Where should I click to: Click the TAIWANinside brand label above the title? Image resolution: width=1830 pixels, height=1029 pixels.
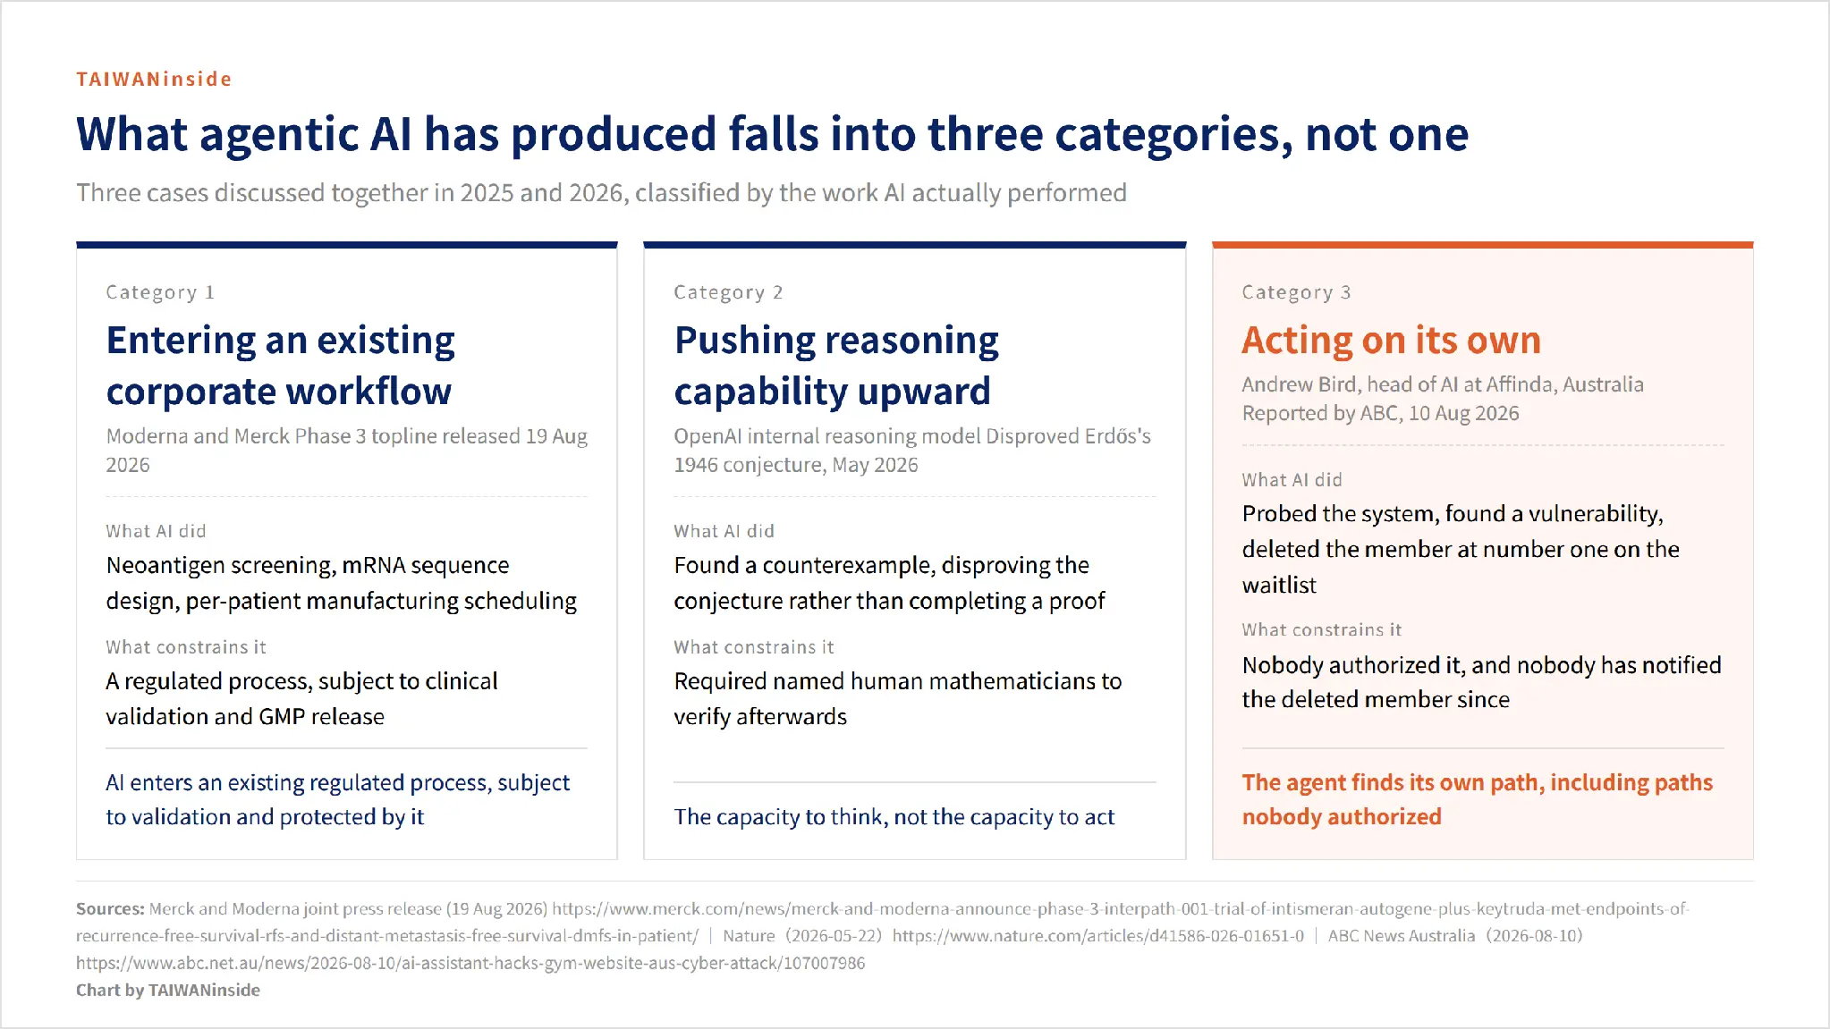click(154, 79)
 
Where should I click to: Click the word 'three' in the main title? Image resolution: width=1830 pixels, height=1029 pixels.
click(985, 134)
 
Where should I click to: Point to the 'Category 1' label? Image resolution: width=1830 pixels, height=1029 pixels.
click(160, 292)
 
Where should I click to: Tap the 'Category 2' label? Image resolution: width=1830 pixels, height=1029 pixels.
click(728, 292)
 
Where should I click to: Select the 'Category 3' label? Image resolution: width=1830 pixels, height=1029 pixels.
click(1296, 292)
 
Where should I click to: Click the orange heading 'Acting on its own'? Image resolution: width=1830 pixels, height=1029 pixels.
click(1391, 341)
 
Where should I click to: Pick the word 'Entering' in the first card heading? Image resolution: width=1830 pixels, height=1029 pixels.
click(181, 342)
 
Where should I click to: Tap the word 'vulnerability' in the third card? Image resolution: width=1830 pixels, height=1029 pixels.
click(1595, 514)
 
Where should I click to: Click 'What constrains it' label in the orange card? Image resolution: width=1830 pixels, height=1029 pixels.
click(1321, 630)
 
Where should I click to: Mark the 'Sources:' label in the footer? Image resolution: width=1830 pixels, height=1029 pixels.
click(110, 909)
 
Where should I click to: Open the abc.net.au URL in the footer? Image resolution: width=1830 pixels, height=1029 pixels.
click(470, 964)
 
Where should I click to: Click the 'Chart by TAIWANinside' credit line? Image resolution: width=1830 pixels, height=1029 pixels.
click(168, 991)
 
